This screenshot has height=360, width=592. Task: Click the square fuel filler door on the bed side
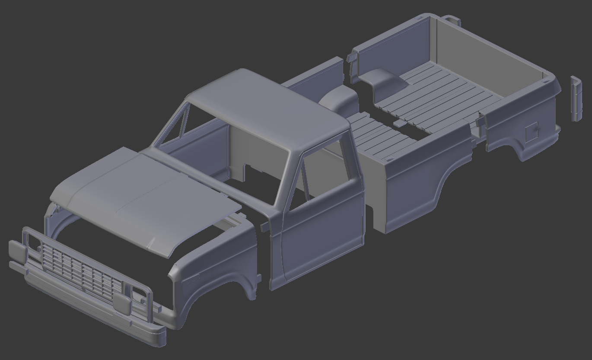tap(531, 132)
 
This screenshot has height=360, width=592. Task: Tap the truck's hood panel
tap(143, 194)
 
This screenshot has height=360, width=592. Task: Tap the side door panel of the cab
tap(320, 233)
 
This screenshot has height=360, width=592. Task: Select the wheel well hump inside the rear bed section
tap(382, 80)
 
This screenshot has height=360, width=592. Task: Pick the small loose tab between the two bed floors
tap(399, 124)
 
